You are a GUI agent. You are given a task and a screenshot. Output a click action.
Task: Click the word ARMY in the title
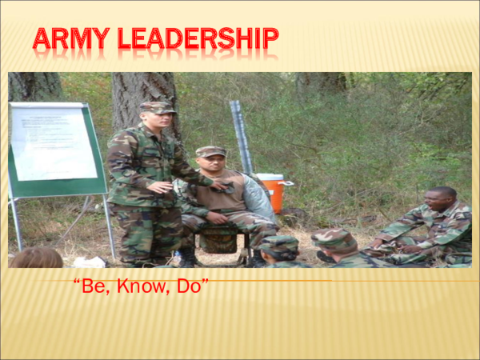pos(70,38)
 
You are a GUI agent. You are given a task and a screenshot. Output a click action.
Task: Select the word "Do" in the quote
pos(193,286)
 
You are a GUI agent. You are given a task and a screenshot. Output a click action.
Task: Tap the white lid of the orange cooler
pos(270,178)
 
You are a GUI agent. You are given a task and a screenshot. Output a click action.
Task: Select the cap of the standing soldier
pos(157,106)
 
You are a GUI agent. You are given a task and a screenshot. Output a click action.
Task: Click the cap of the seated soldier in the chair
pos(210,151)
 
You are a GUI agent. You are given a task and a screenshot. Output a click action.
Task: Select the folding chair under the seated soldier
pos(219,240)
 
